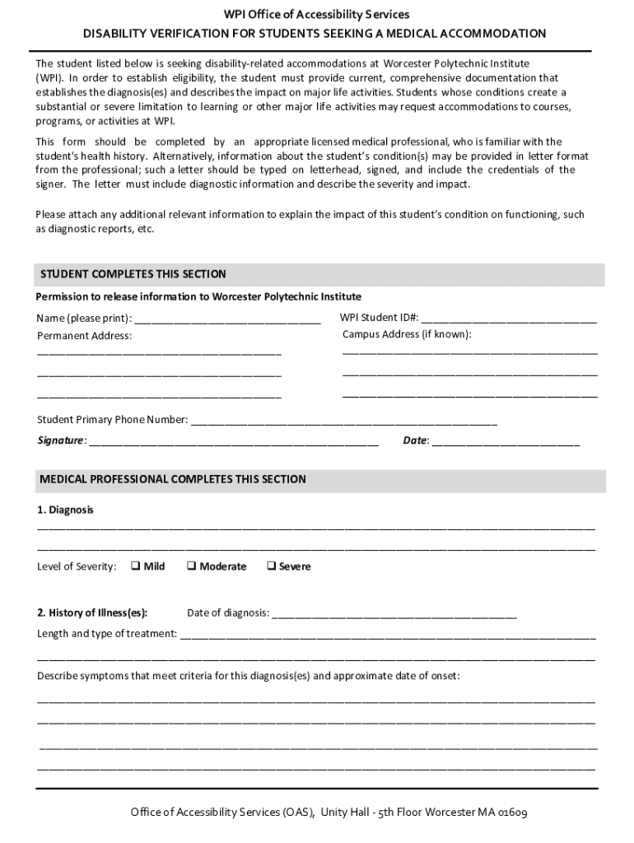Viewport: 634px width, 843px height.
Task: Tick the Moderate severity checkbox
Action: [191, 566]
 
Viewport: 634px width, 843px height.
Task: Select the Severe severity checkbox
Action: [271, 566]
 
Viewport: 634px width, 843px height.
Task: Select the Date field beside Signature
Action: [506, 441]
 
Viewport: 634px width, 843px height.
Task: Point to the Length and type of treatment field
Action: [387, 635]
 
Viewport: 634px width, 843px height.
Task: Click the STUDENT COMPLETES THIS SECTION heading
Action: [133, 274]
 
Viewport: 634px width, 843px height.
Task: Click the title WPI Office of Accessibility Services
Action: [317, 15]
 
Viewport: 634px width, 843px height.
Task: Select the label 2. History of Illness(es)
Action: [92, 612]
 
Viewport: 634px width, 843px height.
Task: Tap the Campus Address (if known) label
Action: [407, 334]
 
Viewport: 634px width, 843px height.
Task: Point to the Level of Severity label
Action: [77, 566]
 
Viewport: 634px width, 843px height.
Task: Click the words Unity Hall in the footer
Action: [346, 813]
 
